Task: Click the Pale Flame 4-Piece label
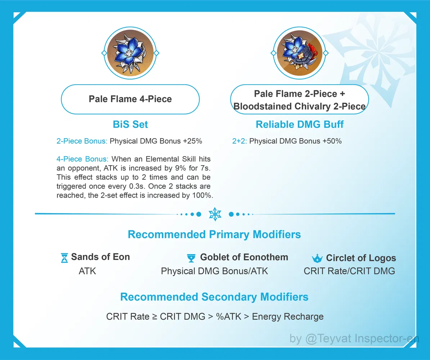(x=130, y=99)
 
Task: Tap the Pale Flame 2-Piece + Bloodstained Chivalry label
(x=299, y=100)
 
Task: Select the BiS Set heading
(x=130, y=125)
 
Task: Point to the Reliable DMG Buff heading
(x=300, y=125)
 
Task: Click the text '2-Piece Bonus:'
(x=82, y=141)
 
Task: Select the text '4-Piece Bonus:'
(x=82, y=159)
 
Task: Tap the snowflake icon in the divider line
(x=215, y=214)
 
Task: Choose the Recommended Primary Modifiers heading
(x=214, y=235)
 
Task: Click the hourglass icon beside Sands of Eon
(x=64, y=258)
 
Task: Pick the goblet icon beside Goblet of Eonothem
(x=191, y=258)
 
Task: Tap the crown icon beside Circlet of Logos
(x=317, y=258)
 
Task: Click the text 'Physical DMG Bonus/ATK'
(x=214, y=271)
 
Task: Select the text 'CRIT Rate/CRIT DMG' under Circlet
(x=349, y=271)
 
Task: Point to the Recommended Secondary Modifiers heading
(x=214, y=297)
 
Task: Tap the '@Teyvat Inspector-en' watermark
(x=360, y=339)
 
